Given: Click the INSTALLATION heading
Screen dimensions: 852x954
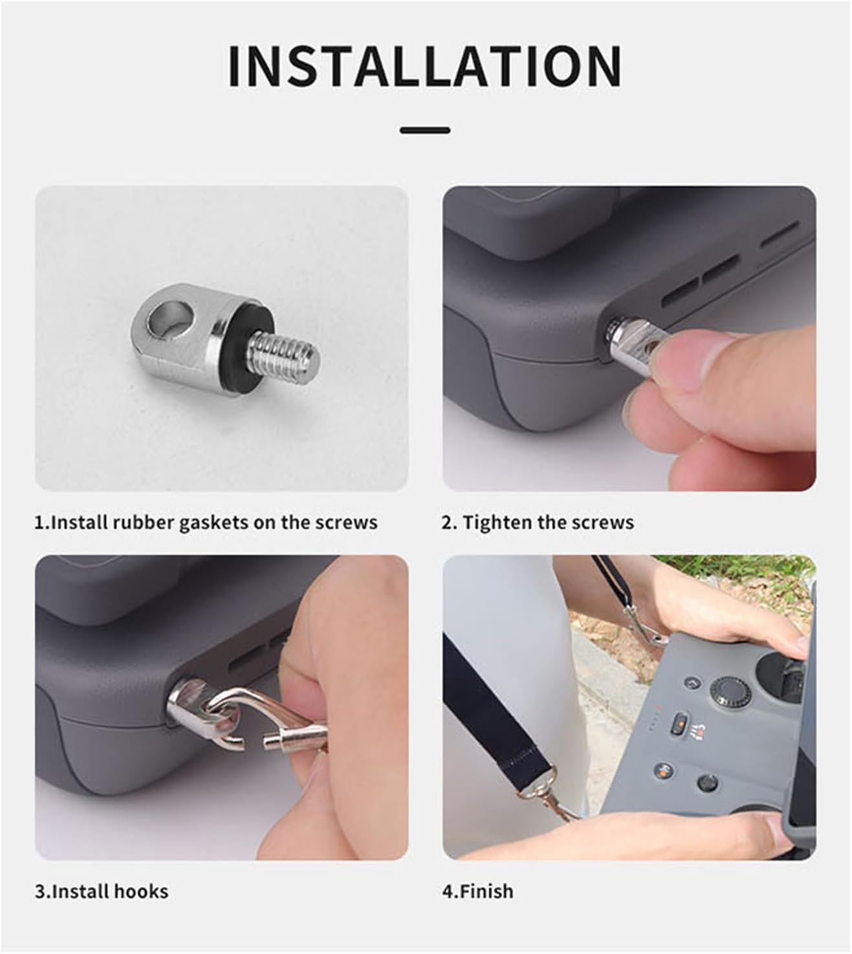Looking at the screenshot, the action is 425,66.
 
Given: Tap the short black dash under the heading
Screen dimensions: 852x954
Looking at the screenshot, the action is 425,130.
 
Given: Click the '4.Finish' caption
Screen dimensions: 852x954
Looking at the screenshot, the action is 477,891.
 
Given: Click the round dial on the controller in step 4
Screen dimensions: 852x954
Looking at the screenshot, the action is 730,693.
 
